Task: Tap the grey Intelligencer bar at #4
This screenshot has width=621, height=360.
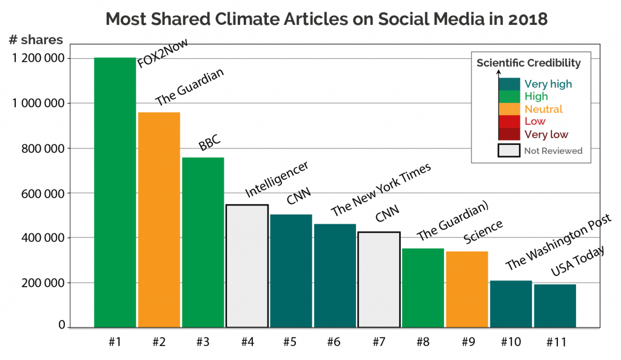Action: point(247,266)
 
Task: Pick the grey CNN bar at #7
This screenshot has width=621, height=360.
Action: point(378,279)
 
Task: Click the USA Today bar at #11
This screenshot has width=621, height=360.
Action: point(555,305)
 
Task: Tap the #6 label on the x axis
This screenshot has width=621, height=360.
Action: point(334,342)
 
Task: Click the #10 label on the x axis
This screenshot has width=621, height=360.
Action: point(511,342)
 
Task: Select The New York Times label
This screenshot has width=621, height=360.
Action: point(381,190)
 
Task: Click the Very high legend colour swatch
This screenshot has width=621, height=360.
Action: point(509,84)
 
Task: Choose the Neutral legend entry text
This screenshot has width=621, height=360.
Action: point(543,110)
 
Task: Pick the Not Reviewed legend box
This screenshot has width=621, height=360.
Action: point(509,150)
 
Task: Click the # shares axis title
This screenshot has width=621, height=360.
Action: point(36,41)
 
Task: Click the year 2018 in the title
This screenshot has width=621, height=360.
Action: point(528,19)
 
